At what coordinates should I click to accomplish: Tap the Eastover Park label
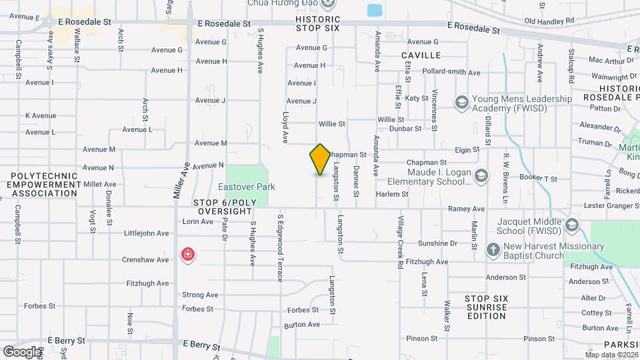click(x=246, y=187)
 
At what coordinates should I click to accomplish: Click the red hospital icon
click(x=189, y=254)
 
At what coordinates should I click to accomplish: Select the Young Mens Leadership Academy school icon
click(x=461, y=103)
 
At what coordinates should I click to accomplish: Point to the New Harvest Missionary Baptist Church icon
click(x=493, y=250)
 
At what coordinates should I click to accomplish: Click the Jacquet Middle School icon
click(x=571, y=225)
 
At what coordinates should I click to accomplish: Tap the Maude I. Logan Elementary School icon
click(x=482, y=176)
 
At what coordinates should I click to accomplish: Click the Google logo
click(x=21, y=351)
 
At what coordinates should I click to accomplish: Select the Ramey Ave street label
click(x=466, y=209)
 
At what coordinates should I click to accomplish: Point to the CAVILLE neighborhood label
click(x=421, y=55)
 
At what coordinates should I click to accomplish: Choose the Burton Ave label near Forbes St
click(x=302, y=325)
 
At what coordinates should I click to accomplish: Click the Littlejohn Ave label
click(x=147, y=233)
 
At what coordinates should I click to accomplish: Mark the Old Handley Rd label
click(x=549, y=21)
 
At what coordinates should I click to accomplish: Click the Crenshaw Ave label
click(x=145, y=259)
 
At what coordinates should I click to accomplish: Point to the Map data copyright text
click(x=611, y=355)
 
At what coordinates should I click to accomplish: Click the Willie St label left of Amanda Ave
click(x=331, y=124)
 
